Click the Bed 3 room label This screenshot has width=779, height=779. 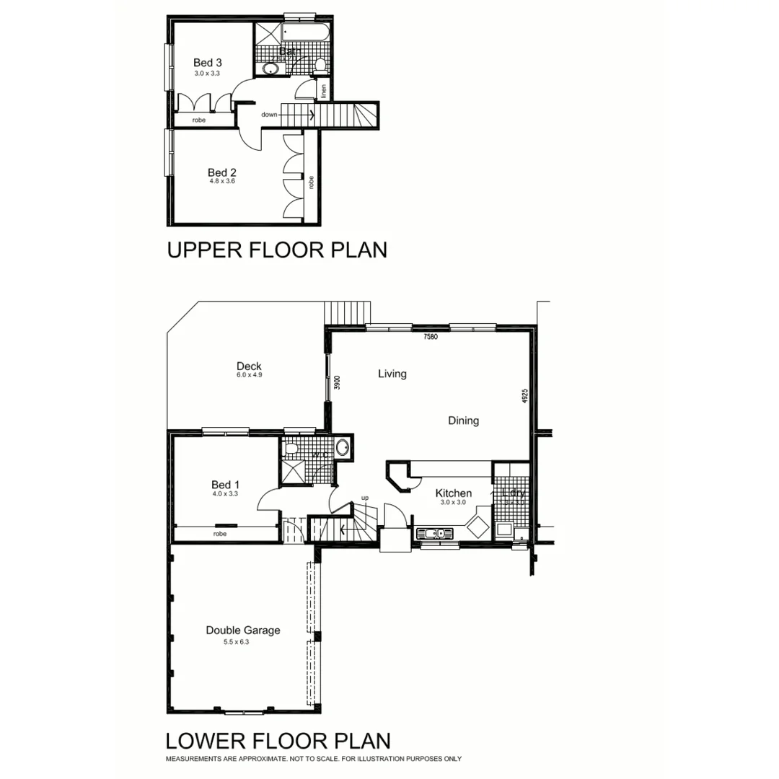click(x=207, y=63)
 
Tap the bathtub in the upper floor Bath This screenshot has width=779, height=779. click(x=305, y=35)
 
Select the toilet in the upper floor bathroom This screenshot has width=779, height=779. click(x=320, y=66)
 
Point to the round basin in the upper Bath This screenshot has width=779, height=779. click(x=270, y=69)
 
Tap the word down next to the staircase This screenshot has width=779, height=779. click(x=269, y=114)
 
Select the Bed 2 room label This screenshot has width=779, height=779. click(x=221, y=172)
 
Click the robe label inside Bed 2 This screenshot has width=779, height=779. click(x=311, y=182)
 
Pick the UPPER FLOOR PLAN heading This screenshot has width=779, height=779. click(x=277, y=250)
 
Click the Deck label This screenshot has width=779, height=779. click(x=248, y=366)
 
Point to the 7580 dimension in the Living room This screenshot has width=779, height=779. click(x=431, y=336)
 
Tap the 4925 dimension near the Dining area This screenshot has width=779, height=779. click(x=525, y=397)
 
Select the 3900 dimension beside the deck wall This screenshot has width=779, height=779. click(x=337, y=382)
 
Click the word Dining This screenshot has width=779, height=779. click(x=463, y=421)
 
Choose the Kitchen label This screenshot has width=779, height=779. click(x=453, y=493)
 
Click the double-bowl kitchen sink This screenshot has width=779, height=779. click(x=434, y=534)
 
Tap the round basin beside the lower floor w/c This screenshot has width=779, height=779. click(x=343, y=448)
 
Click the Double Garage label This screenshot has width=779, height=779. click(x=243, y=630)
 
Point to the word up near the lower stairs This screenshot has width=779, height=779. click(x=364, y=498)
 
